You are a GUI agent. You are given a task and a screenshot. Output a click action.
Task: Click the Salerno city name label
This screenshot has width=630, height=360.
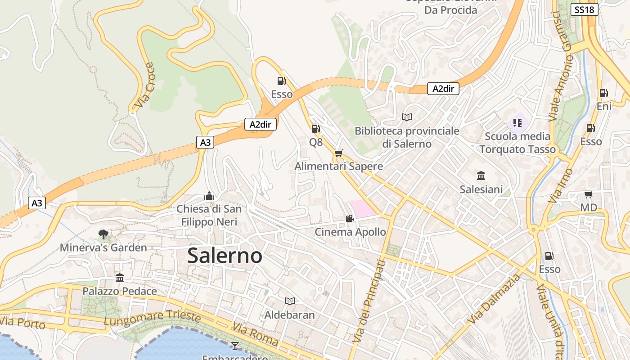click(225, 256)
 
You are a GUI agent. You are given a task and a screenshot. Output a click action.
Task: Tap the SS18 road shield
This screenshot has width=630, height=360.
click(584, 9)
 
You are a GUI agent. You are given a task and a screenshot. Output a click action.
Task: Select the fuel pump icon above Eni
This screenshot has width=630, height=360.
click(603, 93)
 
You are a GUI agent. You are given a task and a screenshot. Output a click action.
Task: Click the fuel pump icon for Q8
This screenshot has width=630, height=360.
click(316, 129)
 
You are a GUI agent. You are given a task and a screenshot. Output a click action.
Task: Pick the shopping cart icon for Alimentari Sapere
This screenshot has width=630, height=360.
click(339, 153)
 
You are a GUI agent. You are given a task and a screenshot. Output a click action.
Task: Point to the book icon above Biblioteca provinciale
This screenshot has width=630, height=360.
click(407, 117)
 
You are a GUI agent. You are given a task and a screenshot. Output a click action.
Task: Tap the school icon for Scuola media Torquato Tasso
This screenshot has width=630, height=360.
click(517, 122)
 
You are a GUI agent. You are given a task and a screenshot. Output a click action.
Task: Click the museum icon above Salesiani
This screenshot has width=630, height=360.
click(481, 175)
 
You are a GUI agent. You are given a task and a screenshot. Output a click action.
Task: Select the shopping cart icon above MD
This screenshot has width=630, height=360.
click(588, 194)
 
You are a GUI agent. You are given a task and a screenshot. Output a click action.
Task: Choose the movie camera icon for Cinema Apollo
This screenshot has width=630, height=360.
click(350, 219)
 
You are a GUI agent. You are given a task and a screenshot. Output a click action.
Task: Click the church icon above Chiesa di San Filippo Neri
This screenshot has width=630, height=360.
click(209, 196)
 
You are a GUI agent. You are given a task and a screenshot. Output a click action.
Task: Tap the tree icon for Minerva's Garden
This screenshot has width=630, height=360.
click(103, 234)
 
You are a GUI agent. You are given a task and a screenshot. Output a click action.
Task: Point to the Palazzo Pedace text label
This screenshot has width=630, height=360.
click(120, 291)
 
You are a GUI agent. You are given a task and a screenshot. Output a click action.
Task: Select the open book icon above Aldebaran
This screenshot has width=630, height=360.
click(290, 301)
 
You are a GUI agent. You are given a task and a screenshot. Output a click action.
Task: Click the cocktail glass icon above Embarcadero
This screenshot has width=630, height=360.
click(234, 346)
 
